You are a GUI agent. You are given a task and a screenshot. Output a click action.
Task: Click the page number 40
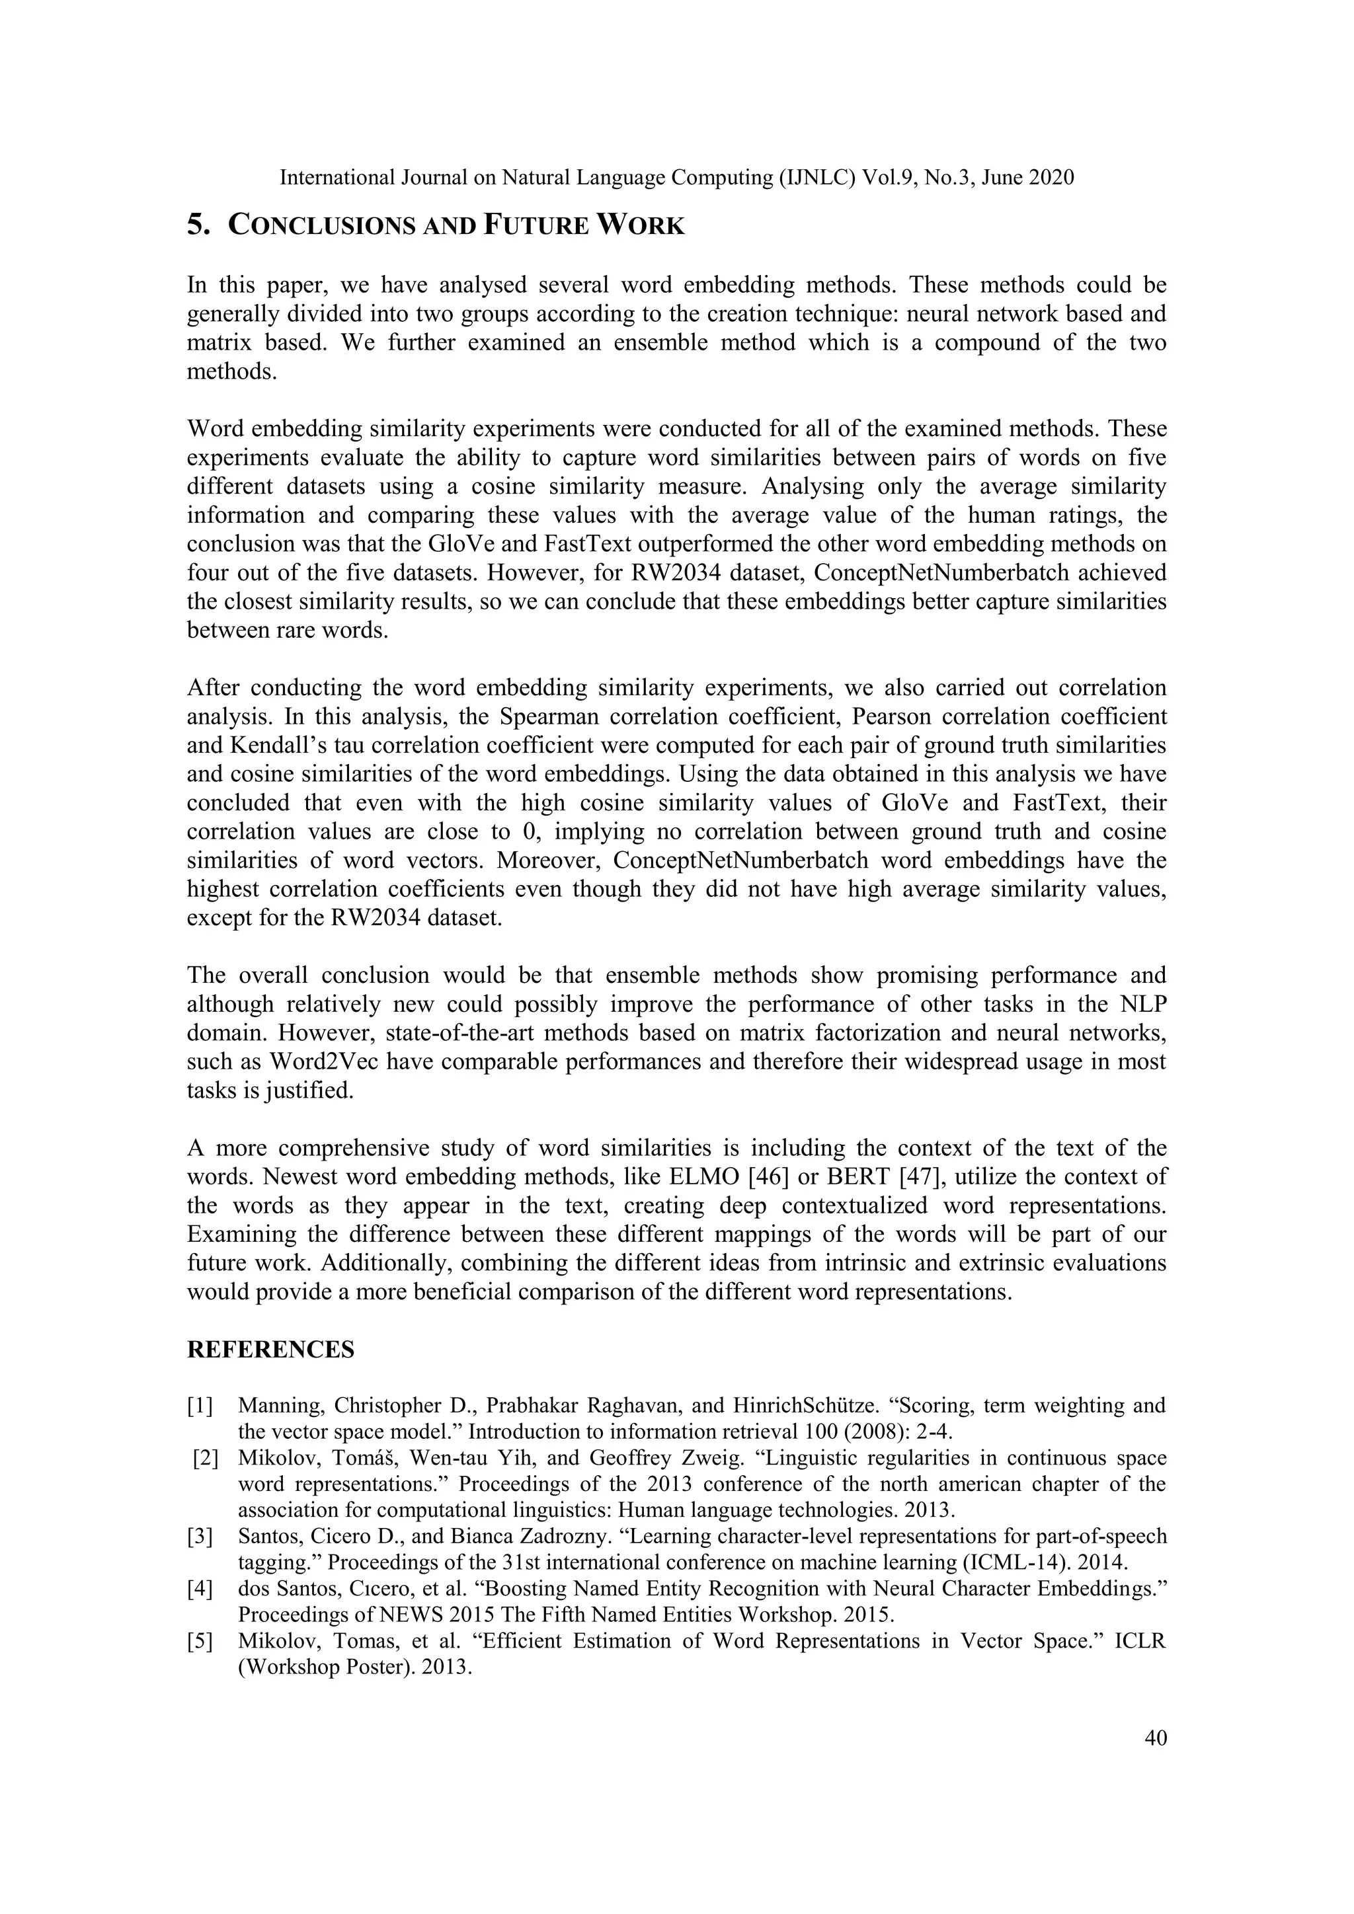tap(1156, 1738)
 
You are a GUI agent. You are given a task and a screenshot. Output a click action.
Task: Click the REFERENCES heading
tap(270, 1350)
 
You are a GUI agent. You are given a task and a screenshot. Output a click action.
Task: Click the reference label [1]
tap(200, 1406)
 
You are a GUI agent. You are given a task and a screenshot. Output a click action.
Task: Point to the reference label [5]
tap(200, 1642)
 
